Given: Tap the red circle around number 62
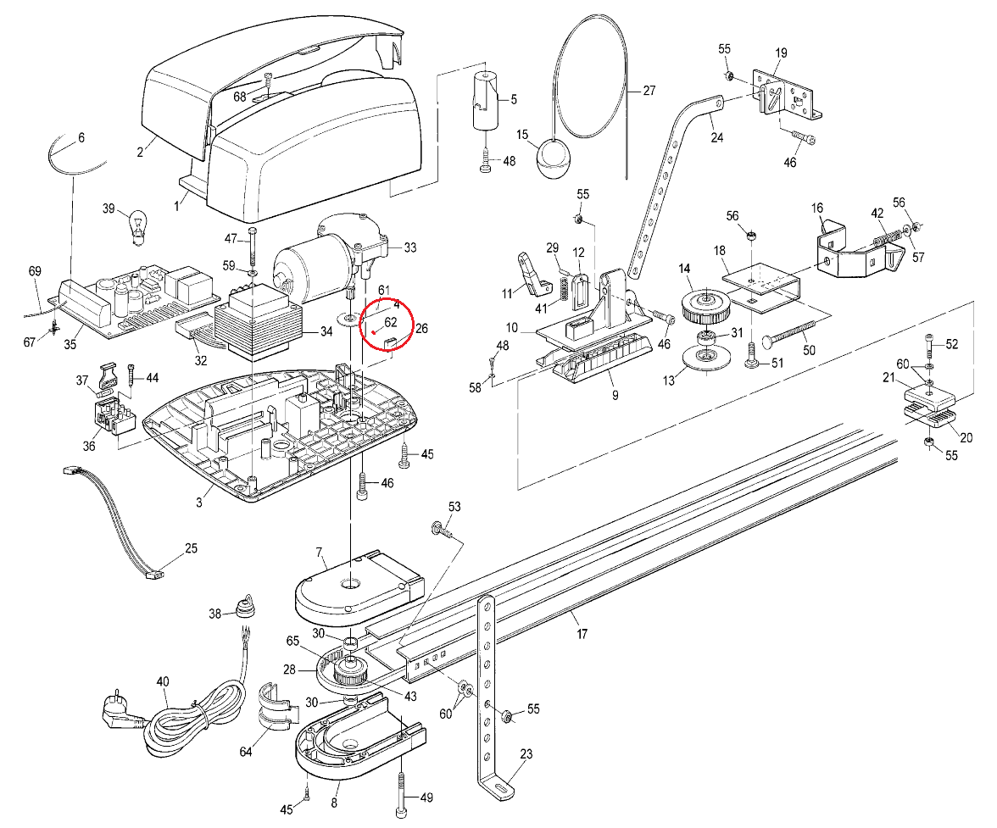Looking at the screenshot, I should (x=385, y=325).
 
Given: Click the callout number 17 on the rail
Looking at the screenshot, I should (x=582, y=633).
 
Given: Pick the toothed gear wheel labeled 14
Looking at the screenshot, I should (x=704, y=305).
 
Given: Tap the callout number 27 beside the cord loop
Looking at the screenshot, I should (x=649, y=91).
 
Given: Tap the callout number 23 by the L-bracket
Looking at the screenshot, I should (x=526, y=753).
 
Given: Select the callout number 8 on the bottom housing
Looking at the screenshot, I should (x=335, y=803).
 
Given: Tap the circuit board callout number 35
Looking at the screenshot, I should (x=70, y=345).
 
